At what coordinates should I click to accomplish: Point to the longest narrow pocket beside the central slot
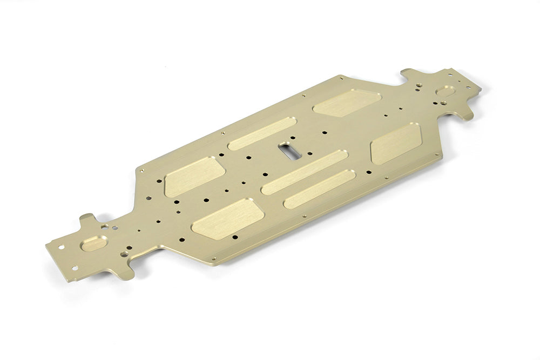coord(305,172)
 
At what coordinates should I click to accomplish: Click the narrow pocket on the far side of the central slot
coord(262,133)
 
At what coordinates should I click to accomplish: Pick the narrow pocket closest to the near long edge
coord(319,189)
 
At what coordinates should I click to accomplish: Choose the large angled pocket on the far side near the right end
coord(347,103)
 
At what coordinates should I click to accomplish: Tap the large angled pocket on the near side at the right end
coord(396,142)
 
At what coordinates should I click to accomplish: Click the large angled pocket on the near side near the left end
coord(228,218)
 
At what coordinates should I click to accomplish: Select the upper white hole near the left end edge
coord(60,247)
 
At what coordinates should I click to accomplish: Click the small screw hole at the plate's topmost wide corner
coord(341,78)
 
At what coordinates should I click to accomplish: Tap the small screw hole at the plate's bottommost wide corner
coord(214,259)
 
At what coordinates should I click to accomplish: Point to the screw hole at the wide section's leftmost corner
coord(141,171)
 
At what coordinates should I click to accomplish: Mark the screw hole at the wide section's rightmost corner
coord(436,154)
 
